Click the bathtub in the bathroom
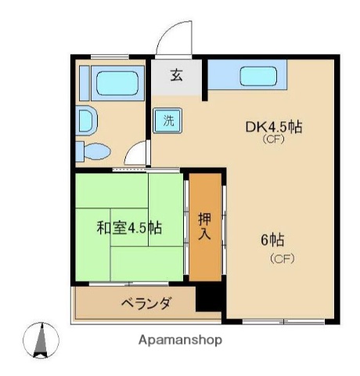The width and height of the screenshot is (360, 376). coord(116,83)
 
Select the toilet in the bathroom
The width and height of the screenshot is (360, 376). coord(95,150)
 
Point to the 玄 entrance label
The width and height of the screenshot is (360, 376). coord(177,76)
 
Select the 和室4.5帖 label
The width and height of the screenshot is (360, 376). coord(129,228)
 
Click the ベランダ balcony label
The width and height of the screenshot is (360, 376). coord(146,303)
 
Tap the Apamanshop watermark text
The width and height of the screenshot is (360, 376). coord(180,340)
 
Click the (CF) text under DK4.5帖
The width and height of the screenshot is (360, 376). coord(272,141)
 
